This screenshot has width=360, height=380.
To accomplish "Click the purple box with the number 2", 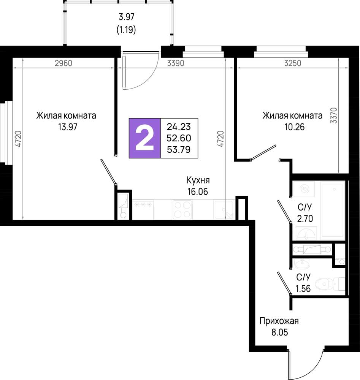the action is point(145,138).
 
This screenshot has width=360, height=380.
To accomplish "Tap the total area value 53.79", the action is point(179,149).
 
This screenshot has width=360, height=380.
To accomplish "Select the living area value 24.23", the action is point(179,127).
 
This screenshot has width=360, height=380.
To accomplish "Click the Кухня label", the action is point(198,180).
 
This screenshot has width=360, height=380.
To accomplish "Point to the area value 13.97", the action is point(68,127).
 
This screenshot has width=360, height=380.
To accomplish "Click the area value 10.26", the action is point(295,127).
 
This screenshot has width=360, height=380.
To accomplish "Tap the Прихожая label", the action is point(279,321).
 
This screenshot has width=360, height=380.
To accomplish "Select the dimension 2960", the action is point(63,63).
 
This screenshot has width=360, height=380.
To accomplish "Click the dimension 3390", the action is point(176,63).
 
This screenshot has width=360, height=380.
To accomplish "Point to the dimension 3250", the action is point(293,63).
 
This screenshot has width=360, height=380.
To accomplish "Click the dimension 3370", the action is point(334,116).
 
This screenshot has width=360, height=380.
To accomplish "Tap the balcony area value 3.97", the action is point(127,17).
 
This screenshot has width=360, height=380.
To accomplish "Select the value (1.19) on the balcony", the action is point(126,30).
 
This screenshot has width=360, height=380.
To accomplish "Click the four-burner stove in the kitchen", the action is point(182,210).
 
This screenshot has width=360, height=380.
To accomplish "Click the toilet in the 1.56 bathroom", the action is point(330,283).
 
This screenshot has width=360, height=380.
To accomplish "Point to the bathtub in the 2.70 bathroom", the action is point(333,211).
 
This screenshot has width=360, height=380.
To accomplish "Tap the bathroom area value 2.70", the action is point(305,218).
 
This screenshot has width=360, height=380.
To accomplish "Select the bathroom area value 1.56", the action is point(303,289).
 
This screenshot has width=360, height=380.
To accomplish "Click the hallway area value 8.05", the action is point(279,332).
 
